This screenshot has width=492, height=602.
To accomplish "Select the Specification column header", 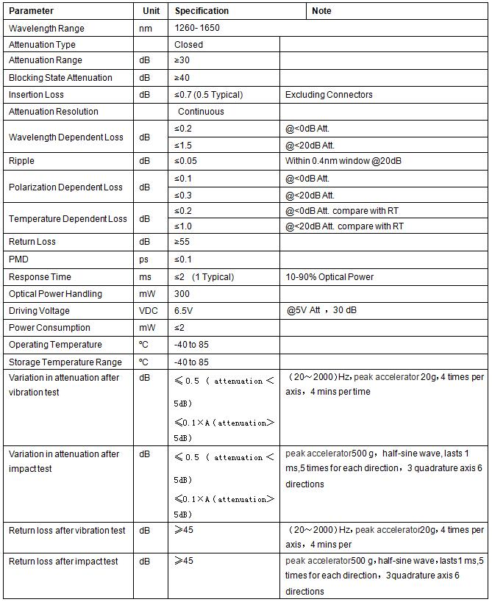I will pyautogui.click(x=202, y=11).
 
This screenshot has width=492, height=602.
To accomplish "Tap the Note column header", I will pyautogui.click(x=321, y=11).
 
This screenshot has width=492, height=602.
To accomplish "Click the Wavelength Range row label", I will pyautogui.click(x=46, y=29).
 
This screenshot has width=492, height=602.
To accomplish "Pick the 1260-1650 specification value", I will pyautogui.click(x=197, y=29).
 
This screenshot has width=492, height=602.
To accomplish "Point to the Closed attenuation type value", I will pyautogui.click(x=189, y=45).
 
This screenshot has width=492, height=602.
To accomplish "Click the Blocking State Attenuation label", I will pyautogui.click(x=60, y=78).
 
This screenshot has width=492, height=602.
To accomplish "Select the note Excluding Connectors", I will pyautogui.click(x=329, y=95).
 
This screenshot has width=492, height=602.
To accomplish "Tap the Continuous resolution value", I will pyautogui.click(x=201, y=112).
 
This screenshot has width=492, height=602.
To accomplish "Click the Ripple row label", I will pyautogui.click(x=21, y=161).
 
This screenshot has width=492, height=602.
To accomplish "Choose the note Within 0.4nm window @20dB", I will pyautogui.click(x=348, y=161).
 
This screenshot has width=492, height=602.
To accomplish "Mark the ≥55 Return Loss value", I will pyautogui.click(x=182, y=242).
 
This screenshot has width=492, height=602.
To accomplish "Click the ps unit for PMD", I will pyautogui.click(x=144, y=259).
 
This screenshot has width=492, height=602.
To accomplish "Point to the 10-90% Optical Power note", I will pyautogui.click(x=329, y=277).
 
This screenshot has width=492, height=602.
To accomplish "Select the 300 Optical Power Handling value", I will pyautogui.click(x=182, y=294).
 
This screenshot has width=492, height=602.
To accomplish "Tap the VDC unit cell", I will pyautogui.click(x=149, y=311).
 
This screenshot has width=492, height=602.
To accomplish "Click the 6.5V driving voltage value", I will pyautogui.click(x=184, y=311).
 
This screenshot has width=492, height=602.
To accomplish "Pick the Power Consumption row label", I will pyautogui.click(x=49, y=328).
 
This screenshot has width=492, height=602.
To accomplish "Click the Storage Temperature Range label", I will pyautogui.click(x=65, y=362).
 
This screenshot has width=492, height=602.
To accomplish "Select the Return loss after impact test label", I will pyautogui.click(x=63, y=562).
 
